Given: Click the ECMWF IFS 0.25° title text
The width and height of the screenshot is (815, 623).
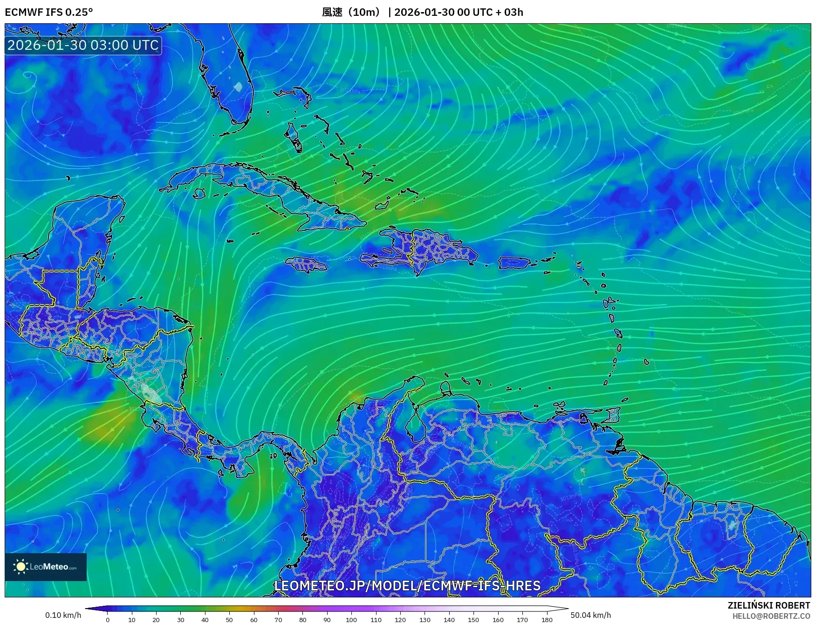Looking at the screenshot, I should point(48,12).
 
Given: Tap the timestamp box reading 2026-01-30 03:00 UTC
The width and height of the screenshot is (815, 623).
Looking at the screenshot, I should point(83,45).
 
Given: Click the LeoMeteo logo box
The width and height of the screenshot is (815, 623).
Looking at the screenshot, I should point(46,567).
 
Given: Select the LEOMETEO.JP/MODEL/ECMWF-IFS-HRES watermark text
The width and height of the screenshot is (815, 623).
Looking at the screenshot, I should point(407,585).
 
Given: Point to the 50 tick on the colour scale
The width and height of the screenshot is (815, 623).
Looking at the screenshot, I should point(229,620).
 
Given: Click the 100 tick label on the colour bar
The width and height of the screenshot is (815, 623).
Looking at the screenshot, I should point(351,620).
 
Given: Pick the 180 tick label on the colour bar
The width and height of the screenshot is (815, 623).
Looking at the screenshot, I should point(547,620).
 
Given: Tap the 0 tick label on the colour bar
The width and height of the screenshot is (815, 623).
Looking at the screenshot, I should point(108,620).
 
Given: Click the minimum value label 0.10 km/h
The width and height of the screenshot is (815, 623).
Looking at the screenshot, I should point(63,615).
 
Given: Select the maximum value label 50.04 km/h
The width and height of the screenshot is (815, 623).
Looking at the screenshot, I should point(590,615).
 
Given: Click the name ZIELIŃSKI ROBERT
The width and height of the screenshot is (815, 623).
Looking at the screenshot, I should point(769,605).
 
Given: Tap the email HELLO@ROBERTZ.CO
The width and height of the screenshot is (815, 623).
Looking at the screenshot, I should point(771,616).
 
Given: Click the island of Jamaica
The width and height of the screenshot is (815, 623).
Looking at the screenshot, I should point(307,265).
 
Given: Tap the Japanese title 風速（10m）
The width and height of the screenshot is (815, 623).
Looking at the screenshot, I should point(352,12).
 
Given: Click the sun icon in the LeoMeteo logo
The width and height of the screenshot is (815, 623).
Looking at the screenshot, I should point(21,567).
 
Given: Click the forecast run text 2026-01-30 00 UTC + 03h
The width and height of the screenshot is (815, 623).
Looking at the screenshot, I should point(459,12).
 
